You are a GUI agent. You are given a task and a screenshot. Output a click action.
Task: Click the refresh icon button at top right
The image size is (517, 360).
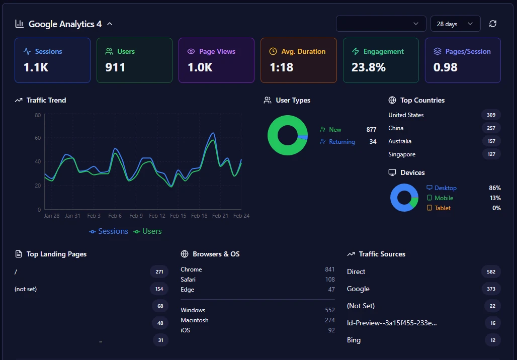coord(493,24)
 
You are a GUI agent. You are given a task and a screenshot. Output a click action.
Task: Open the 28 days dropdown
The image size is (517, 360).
coord(455,24)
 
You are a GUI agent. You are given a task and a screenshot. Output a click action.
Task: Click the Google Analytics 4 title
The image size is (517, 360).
coord(65,24)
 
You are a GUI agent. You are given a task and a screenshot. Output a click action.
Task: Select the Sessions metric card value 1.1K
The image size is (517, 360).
coord(36,67)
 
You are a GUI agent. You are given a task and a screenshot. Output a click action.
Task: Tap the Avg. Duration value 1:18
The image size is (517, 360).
coord(281,67)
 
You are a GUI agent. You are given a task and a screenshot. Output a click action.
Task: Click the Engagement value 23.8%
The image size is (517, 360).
coord(368,67)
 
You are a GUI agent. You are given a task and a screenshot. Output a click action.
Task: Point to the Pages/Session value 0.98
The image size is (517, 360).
coord(445,67)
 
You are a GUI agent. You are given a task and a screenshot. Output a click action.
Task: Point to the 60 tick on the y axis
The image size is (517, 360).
coord(38,138)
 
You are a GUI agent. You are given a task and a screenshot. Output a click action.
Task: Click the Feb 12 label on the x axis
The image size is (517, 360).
coord(157,216)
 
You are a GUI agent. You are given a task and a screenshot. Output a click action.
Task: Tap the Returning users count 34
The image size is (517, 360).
coord(373,142)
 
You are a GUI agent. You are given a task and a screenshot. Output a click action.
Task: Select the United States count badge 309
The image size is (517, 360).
coord(491,115)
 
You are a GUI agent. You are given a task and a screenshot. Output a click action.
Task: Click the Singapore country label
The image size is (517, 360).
coord(402,154)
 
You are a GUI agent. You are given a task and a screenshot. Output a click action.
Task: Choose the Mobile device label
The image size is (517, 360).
coord(444,198)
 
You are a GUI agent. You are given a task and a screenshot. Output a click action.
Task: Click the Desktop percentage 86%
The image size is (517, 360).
coord(494,188)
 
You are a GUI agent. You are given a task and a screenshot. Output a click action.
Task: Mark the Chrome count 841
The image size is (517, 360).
coord(329,269)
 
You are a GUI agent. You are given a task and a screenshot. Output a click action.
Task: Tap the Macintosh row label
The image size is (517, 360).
coord(195,320)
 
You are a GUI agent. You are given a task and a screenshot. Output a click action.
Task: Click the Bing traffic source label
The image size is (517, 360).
coord(354,340)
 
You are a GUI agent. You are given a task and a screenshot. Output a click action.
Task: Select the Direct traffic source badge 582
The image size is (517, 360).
coord(491,272)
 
